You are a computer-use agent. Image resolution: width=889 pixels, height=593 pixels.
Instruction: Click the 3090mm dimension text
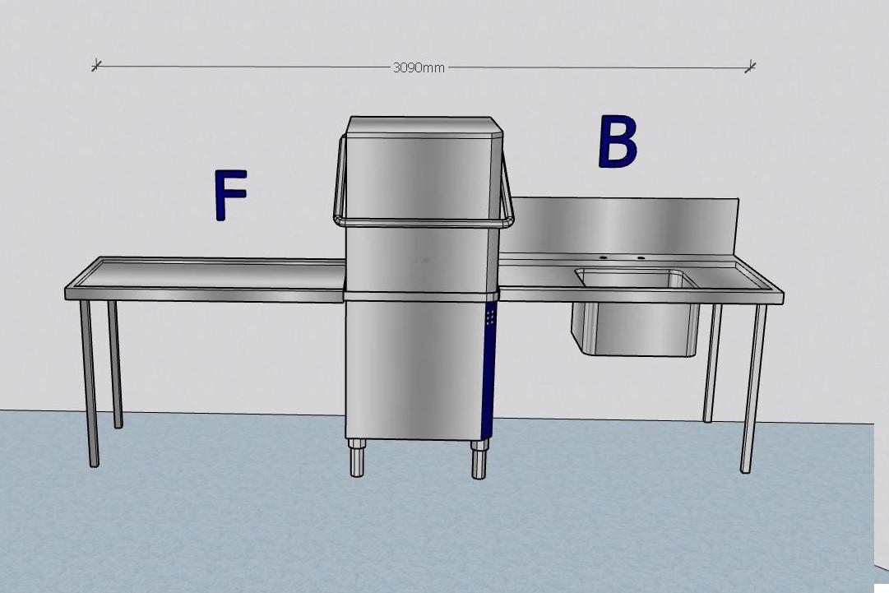click(419, 67)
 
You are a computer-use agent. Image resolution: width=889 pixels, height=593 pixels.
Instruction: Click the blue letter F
click(229, 195)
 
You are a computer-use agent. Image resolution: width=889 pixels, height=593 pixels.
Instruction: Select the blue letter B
click(617, 142)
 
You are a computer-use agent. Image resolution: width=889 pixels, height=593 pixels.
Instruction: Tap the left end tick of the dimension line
click(96, 64)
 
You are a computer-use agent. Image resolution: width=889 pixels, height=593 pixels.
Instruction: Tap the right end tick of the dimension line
click(750, 67)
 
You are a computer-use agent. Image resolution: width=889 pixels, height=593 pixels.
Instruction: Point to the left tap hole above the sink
click(603, 257)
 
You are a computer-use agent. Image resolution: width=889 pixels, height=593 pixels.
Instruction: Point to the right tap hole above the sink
click(641, 258)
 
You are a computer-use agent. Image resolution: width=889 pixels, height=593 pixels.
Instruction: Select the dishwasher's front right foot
click(479, 460)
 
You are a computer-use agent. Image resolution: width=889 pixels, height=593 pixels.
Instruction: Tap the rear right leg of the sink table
click(712, 363)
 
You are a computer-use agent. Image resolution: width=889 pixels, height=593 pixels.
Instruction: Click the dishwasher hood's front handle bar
click(424, 221)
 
